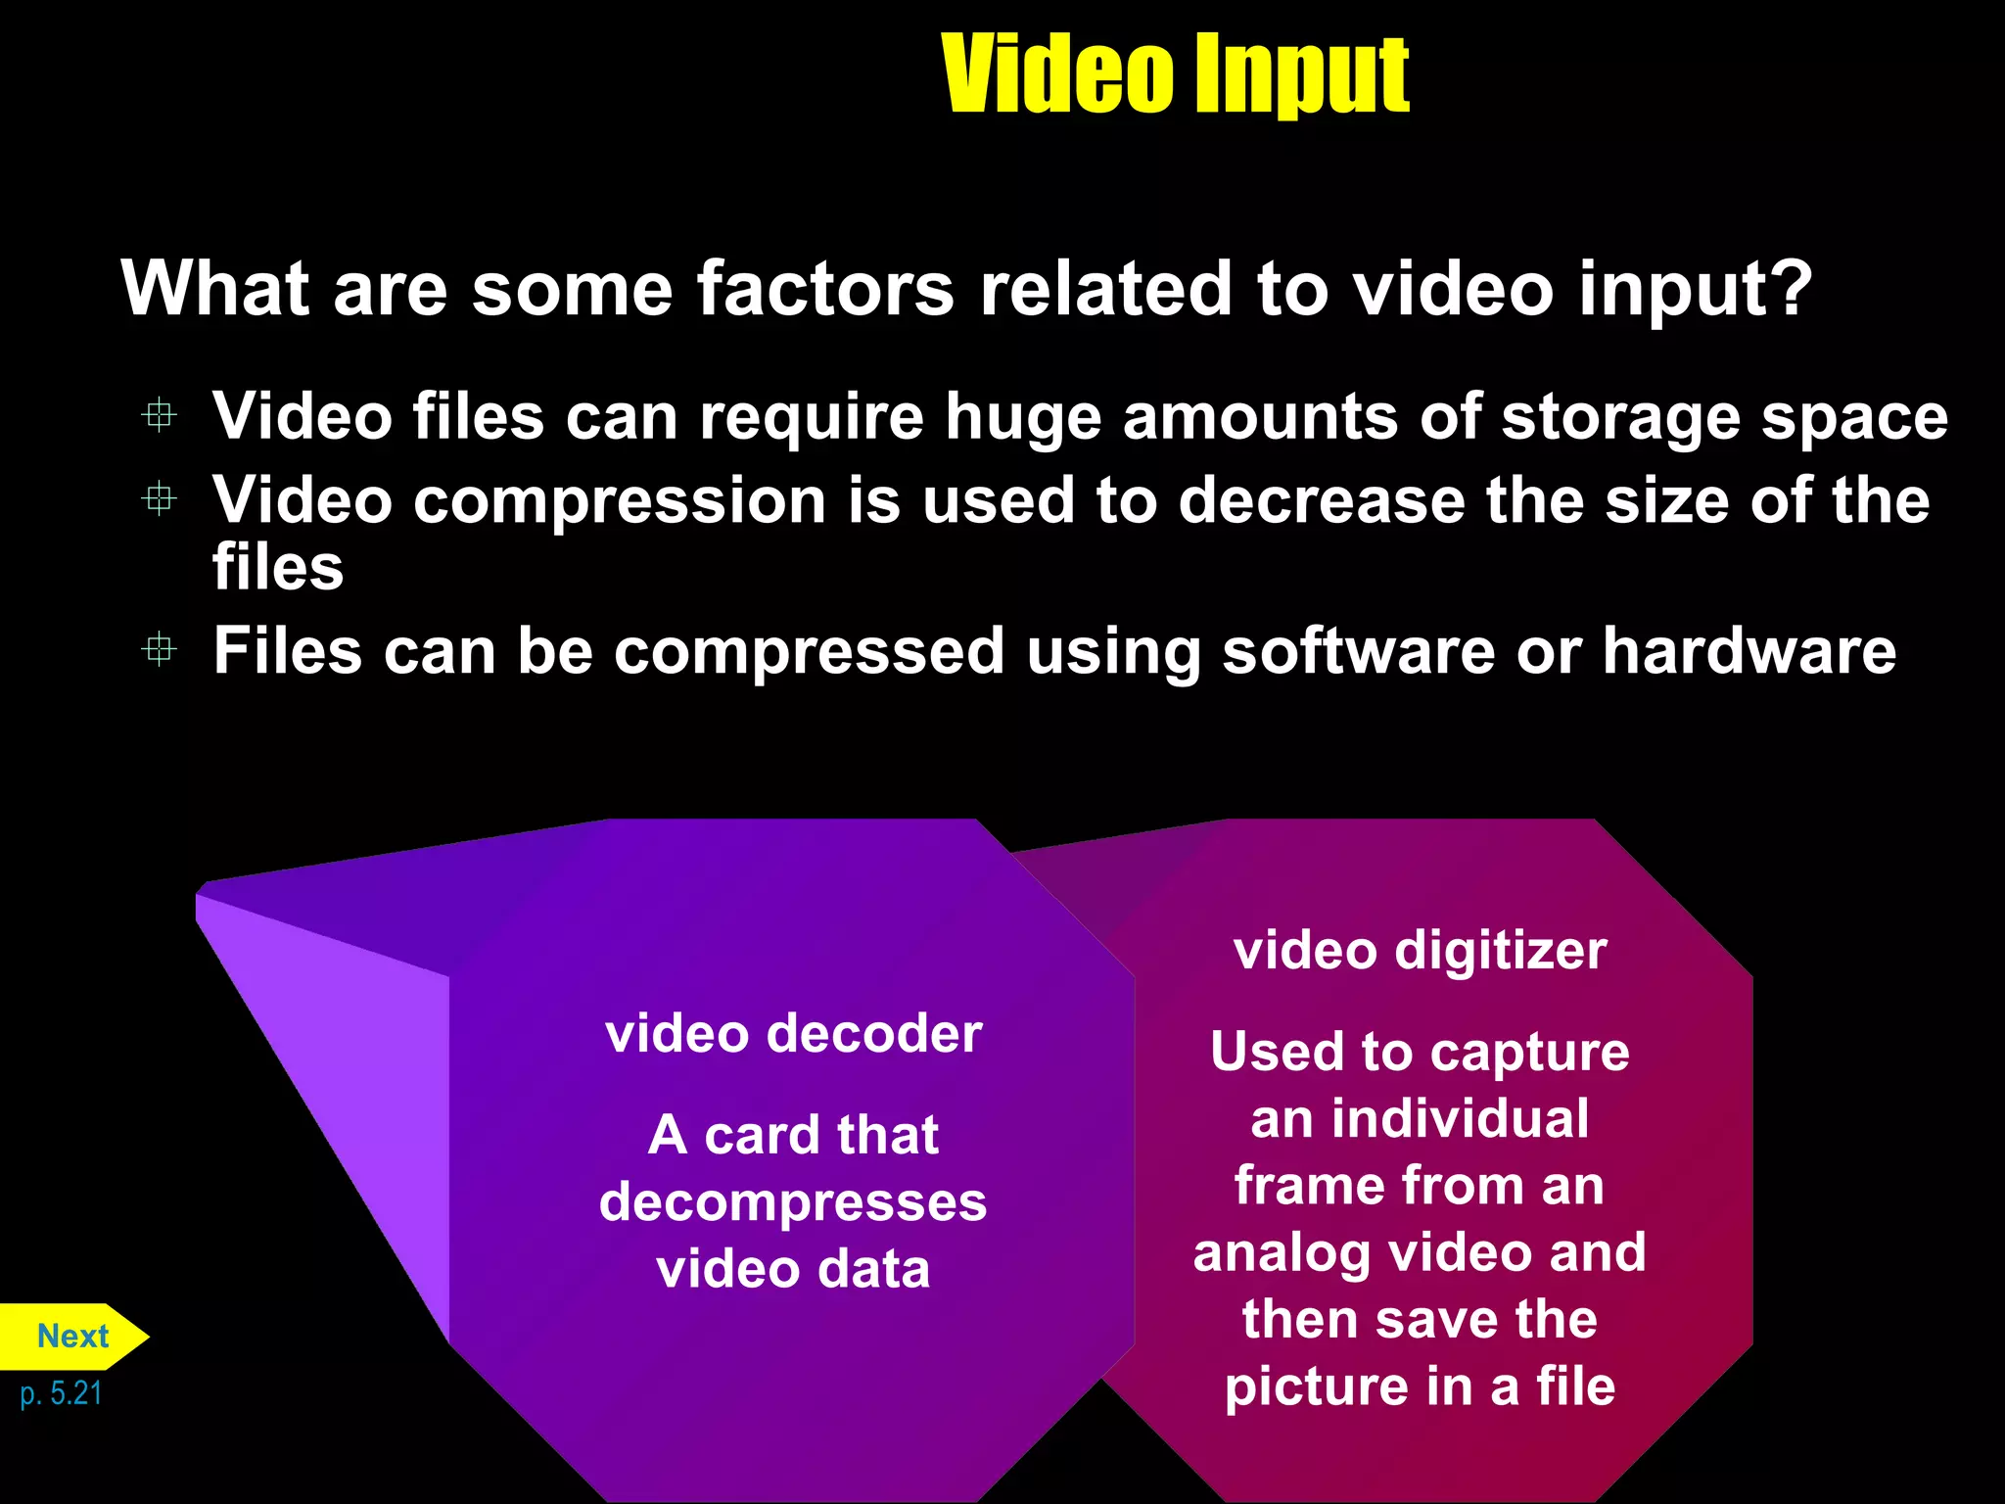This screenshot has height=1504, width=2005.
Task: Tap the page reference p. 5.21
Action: pyautogui.click(x=61, y=1392)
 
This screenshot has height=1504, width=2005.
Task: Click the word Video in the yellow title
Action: pyautogui.click(x=1057, y=73)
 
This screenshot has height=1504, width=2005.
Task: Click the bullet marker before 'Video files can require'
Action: pyautogui.click(x=159, y=415)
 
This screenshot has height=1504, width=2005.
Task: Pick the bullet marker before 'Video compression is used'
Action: pyautogui.click(x=159, y=499)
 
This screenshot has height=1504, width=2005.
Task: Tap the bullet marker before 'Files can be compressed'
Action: pyautogui.click(x=159, y=649)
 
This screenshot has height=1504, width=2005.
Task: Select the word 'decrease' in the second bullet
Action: pyautogui.click(x=1321, y=500)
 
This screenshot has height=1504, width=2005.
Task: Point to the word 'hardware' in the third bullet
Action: pyautogui.click(x=1749, y=651)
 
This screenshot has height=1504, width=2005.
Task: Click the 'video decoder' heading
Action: pyautogui.click(x=793, y=1034)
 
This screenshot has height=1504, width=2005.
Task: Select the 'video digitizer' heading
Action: pyautogui.click(x=1420, y=951)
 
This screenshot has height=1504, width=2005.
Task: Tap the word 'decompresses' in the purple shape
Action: pyautogui.click(x=793, y=1203)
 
